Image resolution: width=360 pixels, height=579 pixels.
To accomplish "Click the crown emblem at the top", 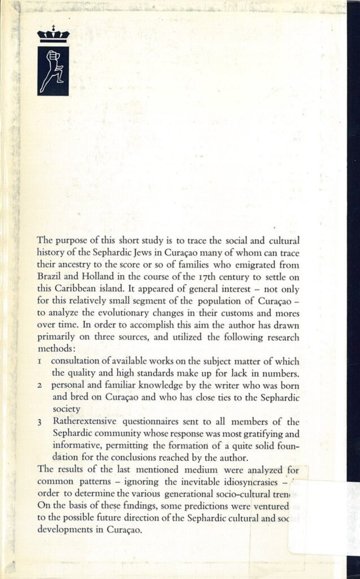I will pyautogui.click(x=53, y=36).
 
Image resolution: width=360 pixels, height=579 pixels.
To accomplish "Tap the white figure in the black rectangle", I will pyautogui.click(x=53, y=71).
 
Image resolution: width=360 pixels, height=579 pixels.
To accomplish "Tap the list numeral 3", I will pyautogui.click(x=40, y=422).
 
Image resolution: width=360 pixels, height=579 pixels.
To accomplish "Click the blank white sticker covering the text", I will pyautogui.click(x=322, y=517).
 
